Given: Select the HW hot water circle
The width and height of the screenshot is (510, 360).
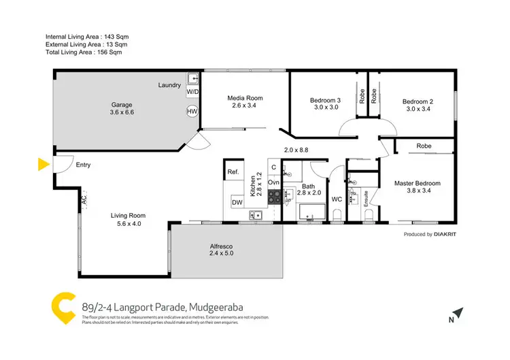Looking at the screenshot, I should pyautogui.click(x=192, y=112).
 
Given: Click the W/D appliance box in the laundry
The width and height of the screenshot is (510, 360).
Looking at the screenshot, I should pyautogui.click(x=192, y=91).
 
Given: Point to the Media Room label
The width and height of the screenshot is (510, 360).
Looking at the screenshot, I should pyautogui.click(x=245, y=98).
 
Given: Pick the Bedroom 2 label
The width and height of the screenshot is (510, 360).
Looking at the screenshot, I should pyautogui.click(x=418, y=101).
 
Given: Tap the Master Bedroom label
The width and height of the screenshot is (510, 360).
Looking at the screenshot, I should pyautogui.click(x=418, y=183).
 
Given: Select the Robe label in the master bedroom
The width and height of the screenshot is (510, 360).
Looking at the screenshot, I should pyautogui.click(x=424, y=146).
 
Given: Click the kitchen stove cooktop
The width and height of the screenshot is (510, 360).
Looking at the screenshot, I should pyautogui.click(x=274, y=197).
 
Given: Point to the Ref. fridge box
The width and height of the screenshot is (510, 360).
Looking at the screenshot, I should pyautogui.click(x=233, y=171).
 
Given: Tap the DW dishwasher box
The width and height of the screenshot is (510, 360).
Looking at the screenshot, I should pyautogui.click(x=236, y=202).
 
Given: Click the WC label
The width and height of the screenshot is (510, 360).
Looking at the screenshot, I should pyautogui.click(x=336, y=199).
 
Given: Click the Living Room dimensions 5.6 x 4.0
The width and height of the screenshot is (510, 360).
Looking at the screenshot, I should pyautogui.click(x=128, y=224).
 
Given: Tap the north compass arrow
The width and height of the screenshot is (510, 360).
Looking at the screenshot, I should pyautogui.click(x=458, y=314).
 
